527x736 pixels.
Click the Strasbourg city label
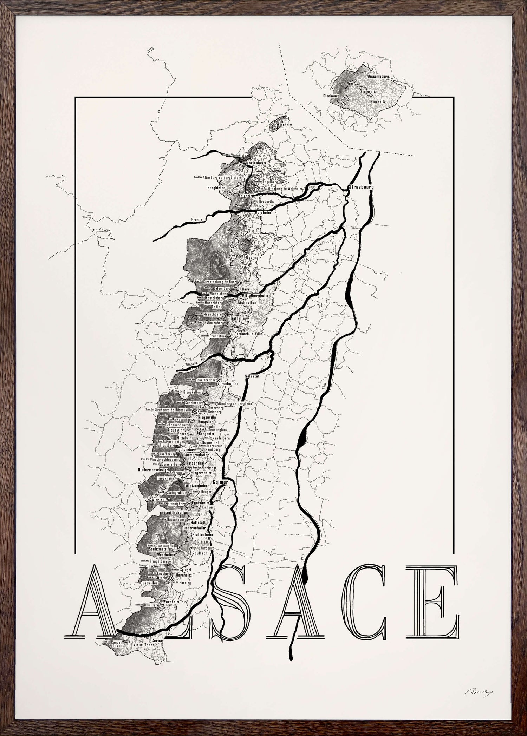(361, 187)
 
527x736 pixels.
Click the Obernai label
(246, 257)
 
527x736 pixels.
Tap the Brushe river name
(197, 220)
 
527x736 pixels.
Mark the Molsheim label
(263, 212)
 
